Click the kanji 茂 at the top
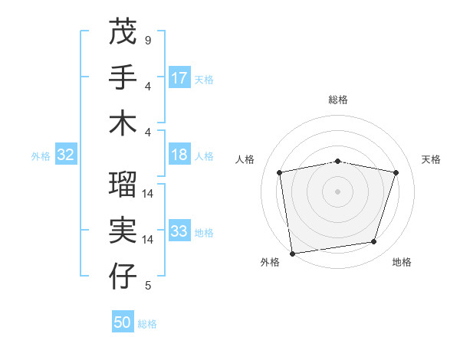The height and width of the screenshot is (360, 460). tap(123, 32)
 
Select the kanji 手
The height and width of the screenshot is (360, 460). tap(123, 77)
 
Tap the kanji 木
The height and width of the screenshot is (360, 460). tap(123, 123)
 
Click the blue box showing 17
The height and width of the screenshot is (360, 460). tap(179, 78)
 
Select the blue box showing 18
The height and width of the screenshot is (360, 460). tap(179, 155)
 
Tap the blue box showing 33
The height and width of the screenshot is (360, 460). tap(179, 232)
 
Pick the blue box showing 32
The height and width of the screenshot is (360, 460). tap(65, 155)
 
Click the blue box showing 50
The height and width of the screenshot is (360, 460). tap(123, 323)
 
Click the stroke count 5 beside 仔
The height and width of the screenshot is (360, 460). tap(147, 286)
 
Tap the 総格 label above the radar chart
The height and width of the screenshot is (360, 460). tap(338, 100)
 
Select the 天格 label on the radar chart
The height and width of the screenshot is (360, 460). tap(431, 159)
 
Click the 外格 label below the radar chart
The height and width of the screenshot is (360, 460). tap(270, 263)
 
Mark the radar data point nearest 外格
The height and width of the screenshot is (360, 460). tap(292, 253)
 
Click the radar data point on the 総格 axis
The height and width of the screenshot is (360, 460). tap(338, 161)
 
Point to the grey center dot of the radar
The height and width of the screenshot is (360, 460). tap(338, 191)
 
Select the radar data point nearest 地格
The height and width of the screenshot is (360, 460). tap(374, 242)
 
